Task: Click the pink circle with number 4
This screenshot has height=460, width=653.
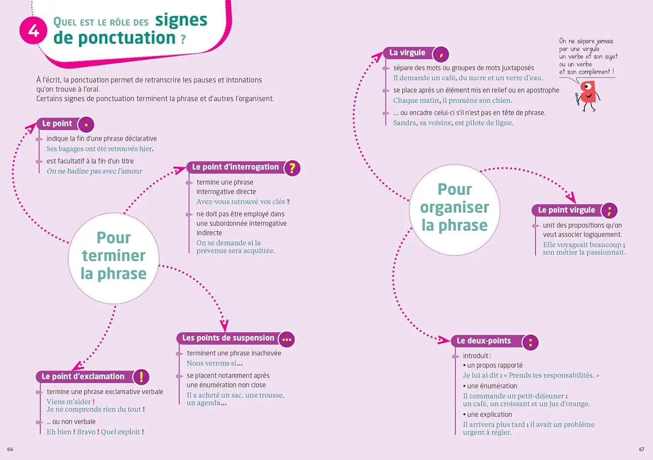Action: (x=33, y=30)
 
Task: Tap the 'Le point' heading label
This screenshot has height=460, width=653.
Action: (x=57, y=123)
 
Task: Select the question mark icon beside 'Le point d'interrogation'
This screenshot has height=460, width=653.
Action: (x=293, y=168)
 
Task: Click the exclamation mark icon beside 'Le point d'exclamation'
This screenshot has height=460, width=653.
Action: (x=141, y=376)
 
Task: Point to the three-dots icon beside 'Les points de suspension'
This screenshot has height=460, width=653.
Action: (x=287, y=339)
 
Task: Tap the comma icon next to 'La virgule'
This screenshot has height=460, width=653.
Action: (x=441, y=54)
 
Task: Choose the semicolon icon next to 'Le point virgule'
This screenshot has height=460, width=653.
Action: (x=609, y=210)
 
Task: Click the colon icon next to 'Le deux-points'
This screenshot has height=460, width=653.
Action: (x=530, y=342)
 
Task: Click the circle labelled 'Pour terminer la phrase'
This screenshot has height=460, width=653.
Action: (x=114, y=258)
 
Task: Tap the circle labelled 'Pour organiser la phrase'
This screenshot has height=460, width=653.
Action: (x=455, y=210)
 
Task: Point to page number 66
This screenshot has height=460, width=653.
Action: (x=10, y=449)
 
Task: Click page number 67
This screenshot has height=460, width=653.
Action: (x=642, y=449)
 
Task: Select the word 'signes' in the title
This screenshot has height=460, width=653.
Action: (x=181, y=20)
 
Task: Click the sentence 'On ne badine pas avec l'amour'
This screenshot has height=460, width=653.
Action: (x=94, y=171)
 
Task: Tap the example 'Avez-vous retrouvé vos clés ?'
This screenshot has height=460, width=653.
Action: (x=243, y=202)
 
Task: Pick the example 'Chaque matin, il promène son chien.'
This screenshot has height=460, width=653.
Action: (x=452, y=101)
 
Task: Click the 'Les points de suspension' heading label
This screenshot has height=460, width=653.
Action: (x=228, y=338)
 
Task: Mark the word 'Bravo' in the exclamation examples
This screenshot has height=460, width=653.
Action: (x=86, y=432)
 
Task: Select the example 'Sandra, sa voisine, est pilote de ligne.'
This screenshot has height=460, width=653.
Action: (x=453, y=123)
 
